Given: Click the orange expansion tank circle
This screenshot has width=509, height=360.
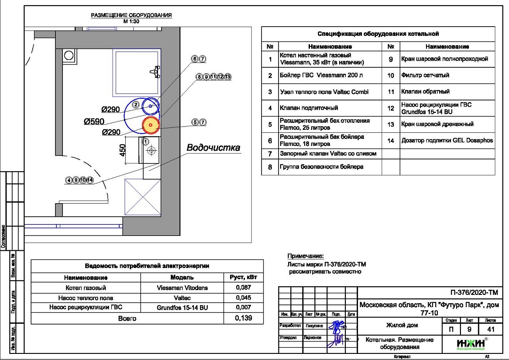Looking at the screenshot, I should click(150, 125).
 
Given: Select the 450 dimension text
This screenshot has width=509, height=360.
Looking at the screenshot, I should click(123, 151).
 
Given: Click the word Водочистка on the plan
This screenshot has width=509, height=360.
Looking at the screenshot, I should click(213, 148).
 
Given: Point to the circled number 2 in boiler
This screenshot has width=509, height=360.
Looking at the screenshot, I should click(136, 104).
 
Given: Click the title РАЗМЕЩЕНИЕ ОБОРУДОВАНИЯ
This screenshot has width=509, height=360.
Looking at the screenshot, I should click(131, 15).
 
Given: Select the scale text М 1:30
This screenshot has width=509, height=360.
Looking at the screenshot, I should click(131, 21).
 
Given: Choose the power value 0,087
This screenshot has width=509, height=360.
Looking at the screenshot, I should click(243, 288).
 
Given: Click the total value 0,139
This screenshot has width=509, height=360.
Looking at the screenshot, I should click(243, 318).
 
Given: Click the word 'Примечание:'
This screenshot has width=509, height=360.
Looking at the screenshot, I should click(306, 256).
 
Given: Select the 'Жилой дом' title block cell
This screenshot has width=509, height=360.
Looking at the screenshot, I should click(402, 325).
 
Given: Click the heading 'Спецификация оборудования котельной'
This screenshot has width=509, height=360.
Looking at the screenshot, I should click(378, 34).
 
